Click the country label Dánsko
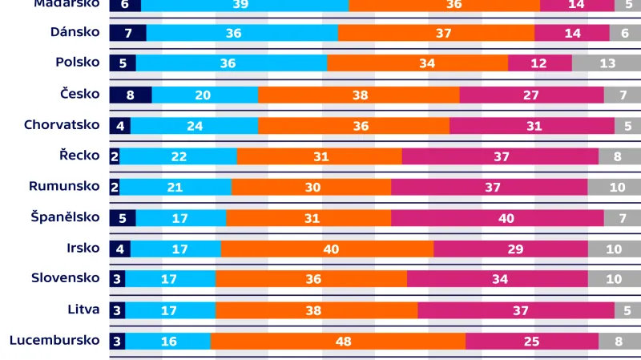pyautogui.click(x=74, y=32)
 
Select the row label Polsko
pyautogui.click(x=77, y=63)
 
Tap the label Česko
pyautogui.click(x=79, y=94)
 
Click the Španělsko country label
pyautogui.click(x=65, y=217)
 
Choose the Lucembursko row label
pyautogui.click(x=54, y=340)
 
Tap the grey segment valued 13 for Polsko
pyautogui.click(x=606, y=63)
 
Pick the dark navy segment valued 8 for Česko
pyautogui.click(x=131, y=95)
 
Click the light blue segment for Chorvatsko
pyautogui.click(x=194, y=126)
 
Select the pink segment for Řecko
pyautogui.click(x=500, y=156)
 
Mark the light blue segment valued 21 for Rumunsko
pyautogui.click(x=175, y=187)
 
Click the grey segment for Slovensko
pyautogui.click(x=614, y=279)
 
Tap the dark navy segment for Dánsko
pyautogui.click(x=128, y=33)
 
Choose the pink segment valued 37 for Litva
pyautogui.click(x=516, y=310)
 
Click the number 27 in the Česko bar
pyautogui.click(x=531, y=95)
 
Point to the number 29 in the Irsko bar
pyautogui.click(x=516, y=249)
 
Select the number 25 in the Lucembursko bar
pyautogui.click(x=531, y=341)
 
